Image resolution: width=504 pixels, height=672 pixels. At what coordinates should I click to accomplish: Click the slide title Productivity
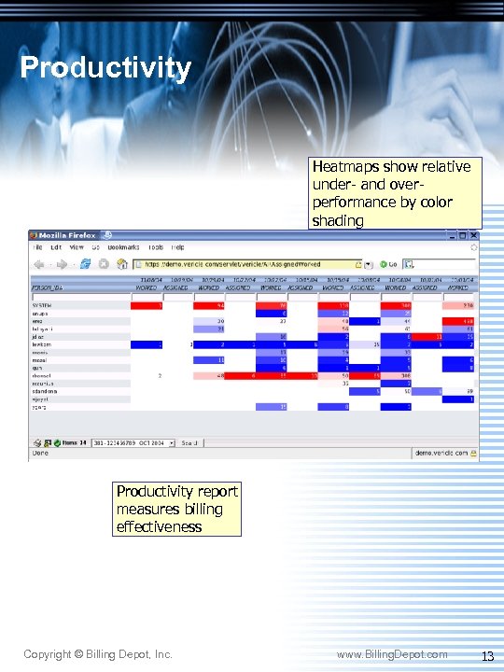point(105,68)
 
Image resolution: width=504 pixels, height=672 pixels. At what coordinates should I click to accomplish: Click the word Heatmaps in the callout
point(346,166)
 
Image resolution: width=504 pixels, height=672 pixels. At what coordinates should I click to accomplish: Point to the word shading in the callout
point(338,220)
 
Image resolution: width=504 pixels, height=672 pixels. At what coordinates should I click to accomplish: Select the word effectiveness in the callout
point(159,526)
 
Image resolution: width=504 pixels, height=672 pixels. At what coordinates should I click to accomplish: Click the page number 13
point(486,656)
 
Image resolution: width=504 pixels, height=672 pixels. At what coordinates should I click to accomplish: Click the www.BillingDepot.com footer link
point(392,655)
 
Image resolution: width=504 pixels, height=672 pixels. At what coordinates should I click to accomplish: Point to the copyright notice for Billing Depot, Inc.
point(98,655)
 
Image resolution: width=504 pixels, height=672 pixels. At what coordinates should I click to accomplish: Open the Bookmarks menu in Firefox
point(123,247)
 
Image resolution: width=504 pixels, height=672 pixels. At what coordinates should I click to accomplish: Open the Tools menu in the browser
point(155,247)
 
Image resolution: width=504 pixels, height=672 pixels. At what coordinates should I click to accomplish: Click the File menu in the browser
point(38,247)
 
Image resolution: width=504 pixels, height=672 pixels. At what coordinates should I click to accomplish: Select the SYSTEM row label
point(42,305)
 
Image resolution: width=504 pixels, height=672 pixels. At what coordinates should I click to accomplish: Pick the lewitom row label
point(43,344)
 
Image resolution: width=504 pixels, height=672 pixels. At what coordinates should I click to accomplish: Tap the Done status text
point(39,454)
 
